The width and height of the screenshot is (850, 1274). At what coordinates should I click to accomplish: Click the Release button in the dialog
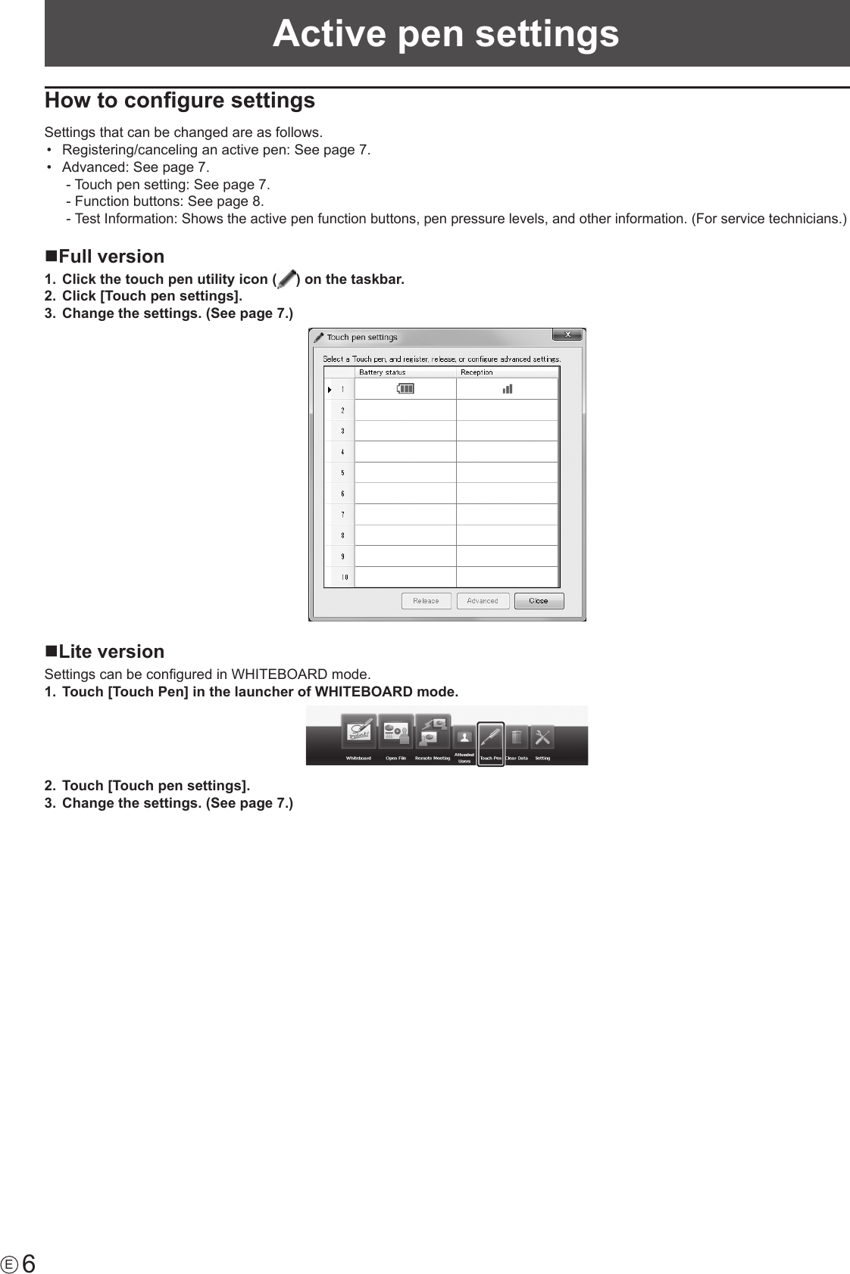[x=426, y=601]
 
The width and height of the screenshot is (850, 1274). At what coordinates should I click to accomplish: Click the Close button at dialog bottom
[x=539, y=601]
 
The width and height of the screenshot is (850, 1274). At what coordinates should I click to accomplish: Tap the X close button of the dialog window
[x=567, y=335]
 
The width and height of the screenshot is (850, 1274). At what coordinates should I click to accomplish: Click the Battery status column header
[x=382, y=372]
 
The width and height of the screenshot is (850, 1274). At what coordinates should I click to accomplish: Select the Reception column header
[x=477, y=372]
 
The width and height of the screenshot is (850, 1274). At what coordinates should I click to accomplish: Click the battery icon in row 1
[x=405, y=389]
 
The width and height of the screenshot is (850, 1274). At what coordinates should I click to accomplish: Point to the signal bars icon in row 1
[x=507, y=389]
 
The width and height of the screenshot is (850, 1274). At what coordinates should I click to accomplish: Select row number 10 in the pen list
[x=344, y=577]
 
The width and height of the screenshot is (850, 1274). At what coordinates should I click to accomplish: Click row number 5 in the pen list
[x=342, y=473]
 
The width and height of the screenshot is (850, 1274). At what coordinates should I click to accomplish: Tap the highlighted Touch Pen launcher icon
[x=490, y=737]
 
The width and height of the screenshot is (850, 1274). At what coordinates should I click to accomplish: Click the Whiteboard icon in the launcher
[x=359, y=732]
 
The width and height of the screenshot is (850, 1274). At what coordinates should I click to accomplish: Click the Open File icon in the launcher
[x=396, y=732]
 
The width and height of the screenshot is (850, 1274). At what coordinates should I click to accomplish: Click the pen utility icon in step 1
[x=286, y=280]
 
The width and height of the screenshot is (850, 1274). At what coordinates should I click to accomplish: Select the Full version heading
[x=111, y=257]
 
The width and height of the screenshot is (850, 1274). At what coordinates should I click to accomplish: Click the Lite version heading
[x=111, y=652]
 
